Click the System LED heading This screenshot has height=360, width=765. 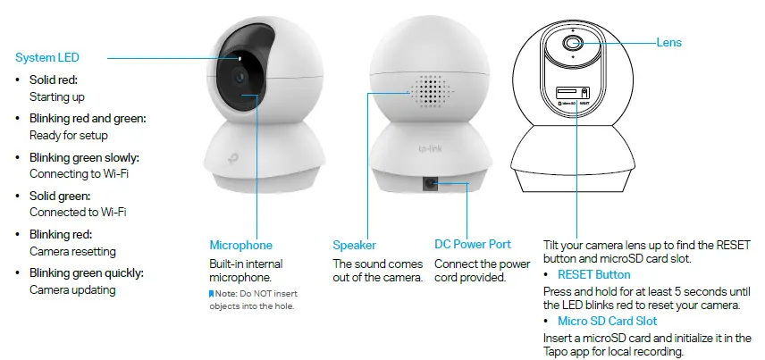47,57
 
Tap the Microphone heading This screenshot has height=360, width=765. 240,245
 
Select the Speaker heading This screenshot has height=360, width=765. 354,245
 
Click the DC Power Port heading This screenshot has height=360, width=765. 473,245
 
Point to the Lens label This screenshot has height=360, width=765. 669,42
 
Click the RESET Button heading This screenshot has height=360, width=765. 593,274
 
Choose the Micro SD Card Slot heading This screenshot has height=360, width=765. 607,321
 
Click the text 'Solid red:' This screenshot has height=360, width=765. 55,80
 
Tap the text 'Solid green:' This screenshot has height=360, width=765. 60,196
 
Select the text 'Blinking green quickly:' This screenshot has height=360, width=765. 86,273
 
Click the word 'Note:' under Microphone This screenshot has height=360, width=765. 228,293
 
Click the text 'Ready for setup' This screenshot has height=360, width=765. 69,135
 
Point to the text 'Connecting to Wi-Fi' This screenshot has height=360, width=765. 79,173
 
